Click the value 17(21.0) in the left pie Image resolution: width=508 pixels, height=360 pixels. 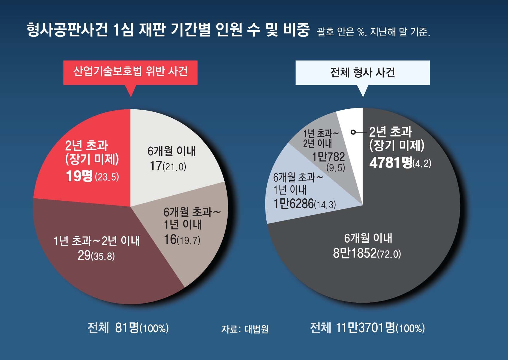[168, 166]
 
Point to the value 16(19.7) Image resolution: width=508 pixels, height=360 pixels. [182, 239]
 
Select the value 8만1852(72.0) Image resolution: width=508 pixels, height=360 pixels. [367, 253]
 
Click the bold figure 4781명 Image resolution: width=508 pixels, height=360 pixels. [391, 163]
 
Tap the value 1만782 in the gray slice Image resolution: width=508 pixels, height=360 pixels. [328, 157]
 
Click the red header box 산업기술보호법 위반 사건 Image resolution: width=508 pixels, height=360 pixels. [130, 72]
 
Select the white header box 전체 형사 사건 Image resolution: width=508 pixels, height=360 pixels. [362, 73]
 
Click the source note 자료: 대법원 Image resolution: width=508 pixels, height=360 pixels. [245, 329]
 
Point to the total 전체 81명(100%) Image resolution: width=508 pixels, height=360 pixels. [128, 328]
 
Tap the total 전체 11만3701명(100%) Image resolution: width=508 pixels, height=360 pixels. [367, 328]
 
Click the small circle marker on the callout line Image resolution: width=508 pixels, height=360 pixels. [353, 132]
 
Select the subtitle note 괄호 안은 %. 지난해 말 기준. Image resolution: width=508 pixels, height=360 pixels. [373, 32]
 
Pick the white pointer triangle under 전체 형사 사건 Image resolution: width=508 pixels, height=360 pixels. [363, 90]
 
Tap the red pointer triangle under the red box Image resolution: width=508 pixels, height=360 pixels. [131, 90]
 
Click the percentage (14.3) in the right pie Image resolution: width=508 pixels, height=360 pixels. [325, 205]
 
